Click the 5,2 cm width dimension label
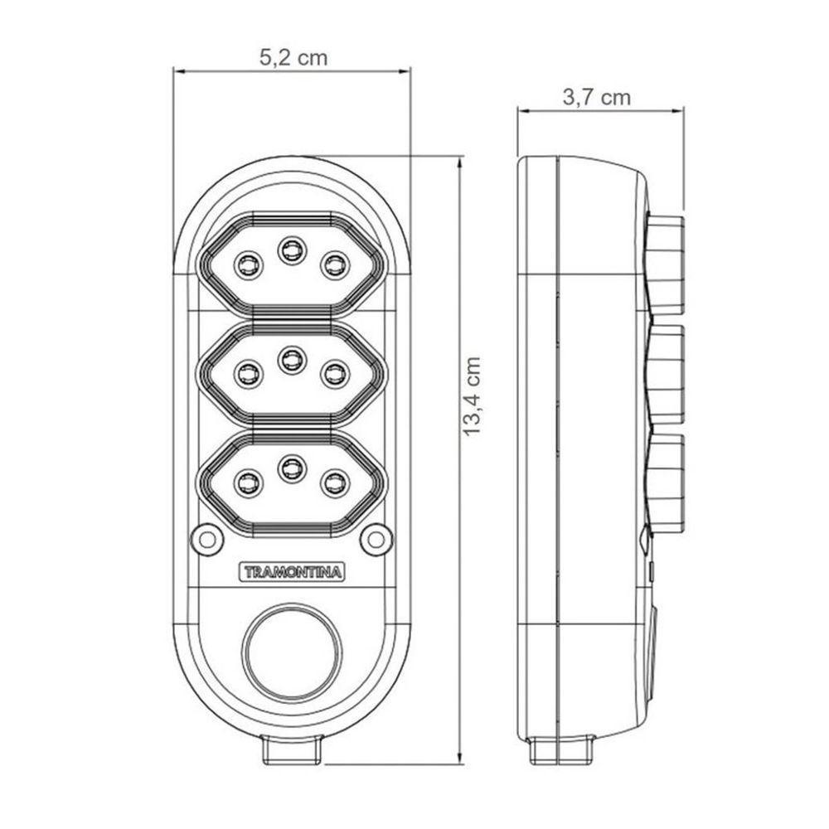293,57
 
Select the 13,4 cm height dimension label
473,396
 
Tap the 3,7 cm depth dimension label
596,97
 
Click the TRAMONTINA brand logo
293,572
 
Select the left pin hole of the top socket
247,264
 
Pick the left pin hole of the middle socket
247,373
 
